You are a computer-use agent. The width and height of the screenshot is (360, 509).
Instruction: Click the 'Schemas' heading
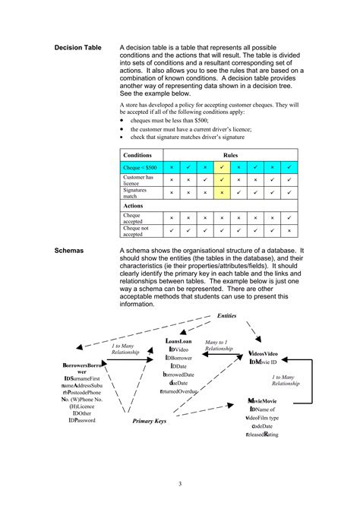click(71, 249)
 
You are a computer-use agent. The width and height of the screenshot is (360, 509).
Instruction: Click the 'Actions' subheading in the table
click(134, 205)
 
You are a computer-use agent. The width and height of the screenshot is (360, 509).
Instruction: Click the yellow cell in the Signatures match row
click(221, 193)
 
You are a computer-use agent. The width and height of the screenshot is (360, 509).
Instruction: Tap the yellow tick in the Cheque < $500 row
click(221, 166)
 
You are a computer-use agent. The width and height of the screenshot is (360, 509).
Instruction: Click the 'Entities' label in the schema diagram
click(227, 315)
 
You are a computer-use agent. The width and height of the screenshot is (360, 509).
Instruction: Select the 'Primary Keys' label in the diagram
click(150, 420)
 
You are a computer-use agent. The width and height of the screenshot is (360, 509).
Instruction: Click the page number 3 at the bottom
click(179, 484)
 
